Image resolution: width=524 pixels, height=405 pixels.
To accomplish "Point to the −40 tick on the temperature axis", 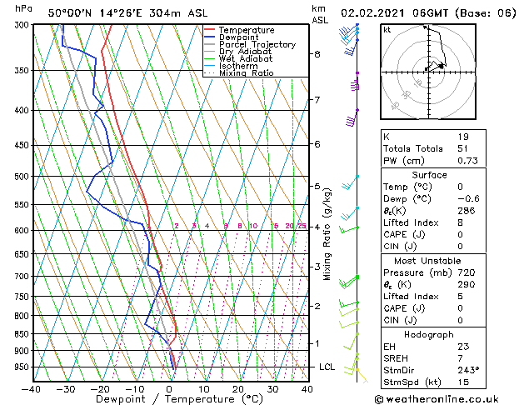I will (x=32, y=389).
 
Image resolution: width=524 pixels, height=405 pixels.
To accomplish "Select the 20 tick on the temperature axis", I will (x=238, y=389).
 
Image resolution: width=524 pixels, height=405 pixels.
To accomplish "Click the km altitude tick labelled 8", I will (x=317, y=54).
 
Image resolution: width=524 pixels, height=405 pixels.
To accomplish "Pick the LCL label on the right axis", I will (x=327, y=367).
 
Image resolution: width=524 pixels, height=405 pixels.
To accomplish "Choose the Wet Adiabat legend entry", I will (x=245, y=58).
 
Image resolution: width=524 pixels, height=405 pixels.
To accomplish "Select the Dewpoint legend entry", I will (x=241, y=37).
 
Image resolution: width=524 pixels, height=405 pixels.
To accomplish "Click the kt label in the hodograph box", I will (x=387, y=30).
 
